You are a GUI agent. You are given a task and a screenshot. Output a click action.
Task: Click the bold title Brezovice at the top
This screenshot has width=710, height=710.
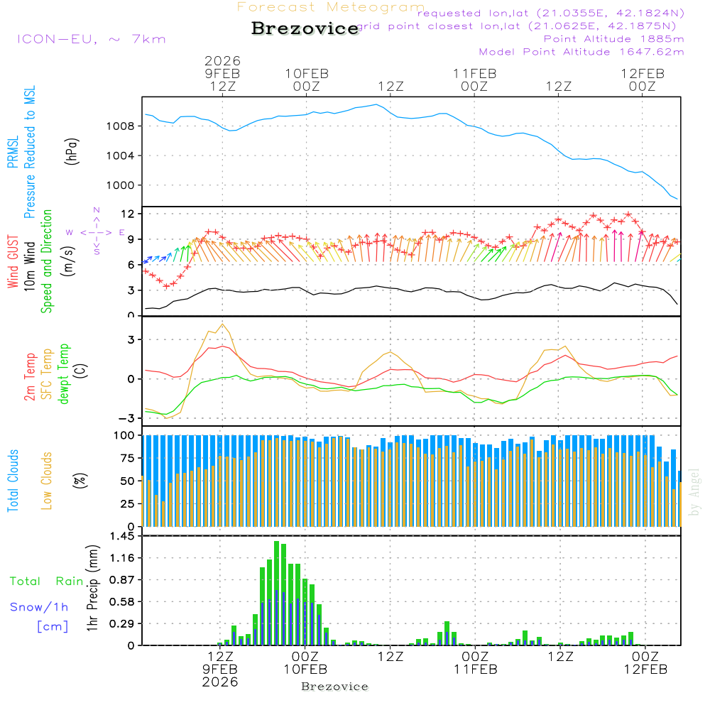[305, 29]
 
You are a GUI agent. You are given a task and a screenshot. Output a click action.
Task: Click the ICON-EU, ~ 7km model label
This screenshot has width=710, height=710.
[91, 39]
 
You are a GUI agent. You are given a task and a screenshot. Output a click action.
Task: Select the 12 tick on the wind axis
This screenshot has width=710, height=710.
[129, 214]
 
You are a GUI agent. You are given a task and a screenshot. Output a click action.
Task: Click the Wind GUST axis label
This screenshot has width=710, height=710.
[13, 261]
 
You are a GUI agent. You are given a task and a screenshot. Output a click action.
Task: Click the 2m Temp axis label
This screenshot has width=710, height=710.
[30, 374]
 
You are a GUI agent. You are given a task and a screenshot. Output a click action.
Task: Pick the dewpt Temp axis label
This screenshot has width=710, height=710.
[64, 374]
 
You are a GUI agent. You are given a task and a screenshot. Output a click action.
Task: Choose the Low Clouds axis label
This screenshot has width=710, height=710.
[47, 480]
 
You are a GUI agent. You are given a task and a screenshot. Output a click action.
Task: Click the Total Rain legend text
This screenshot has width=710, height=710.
[47, 581]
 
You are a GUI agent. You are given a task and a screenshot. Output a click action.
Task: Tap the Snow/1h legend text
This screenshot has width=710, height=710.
[40, 607]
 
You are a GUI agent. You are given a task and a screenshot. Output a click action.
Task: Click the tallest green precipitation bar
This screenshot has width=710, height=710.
[276, 593]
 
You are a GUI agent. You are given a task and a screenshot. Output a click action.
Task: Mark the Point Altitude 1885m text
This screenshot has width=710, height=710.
[613, 38]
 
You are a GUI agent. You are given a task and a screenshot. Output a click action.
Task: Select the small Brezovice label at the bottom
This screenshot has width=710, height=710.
[334, 687]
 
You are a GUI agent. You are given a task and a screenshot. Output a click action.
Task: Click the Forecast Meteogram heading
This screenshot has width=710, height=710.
[331, 7]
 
